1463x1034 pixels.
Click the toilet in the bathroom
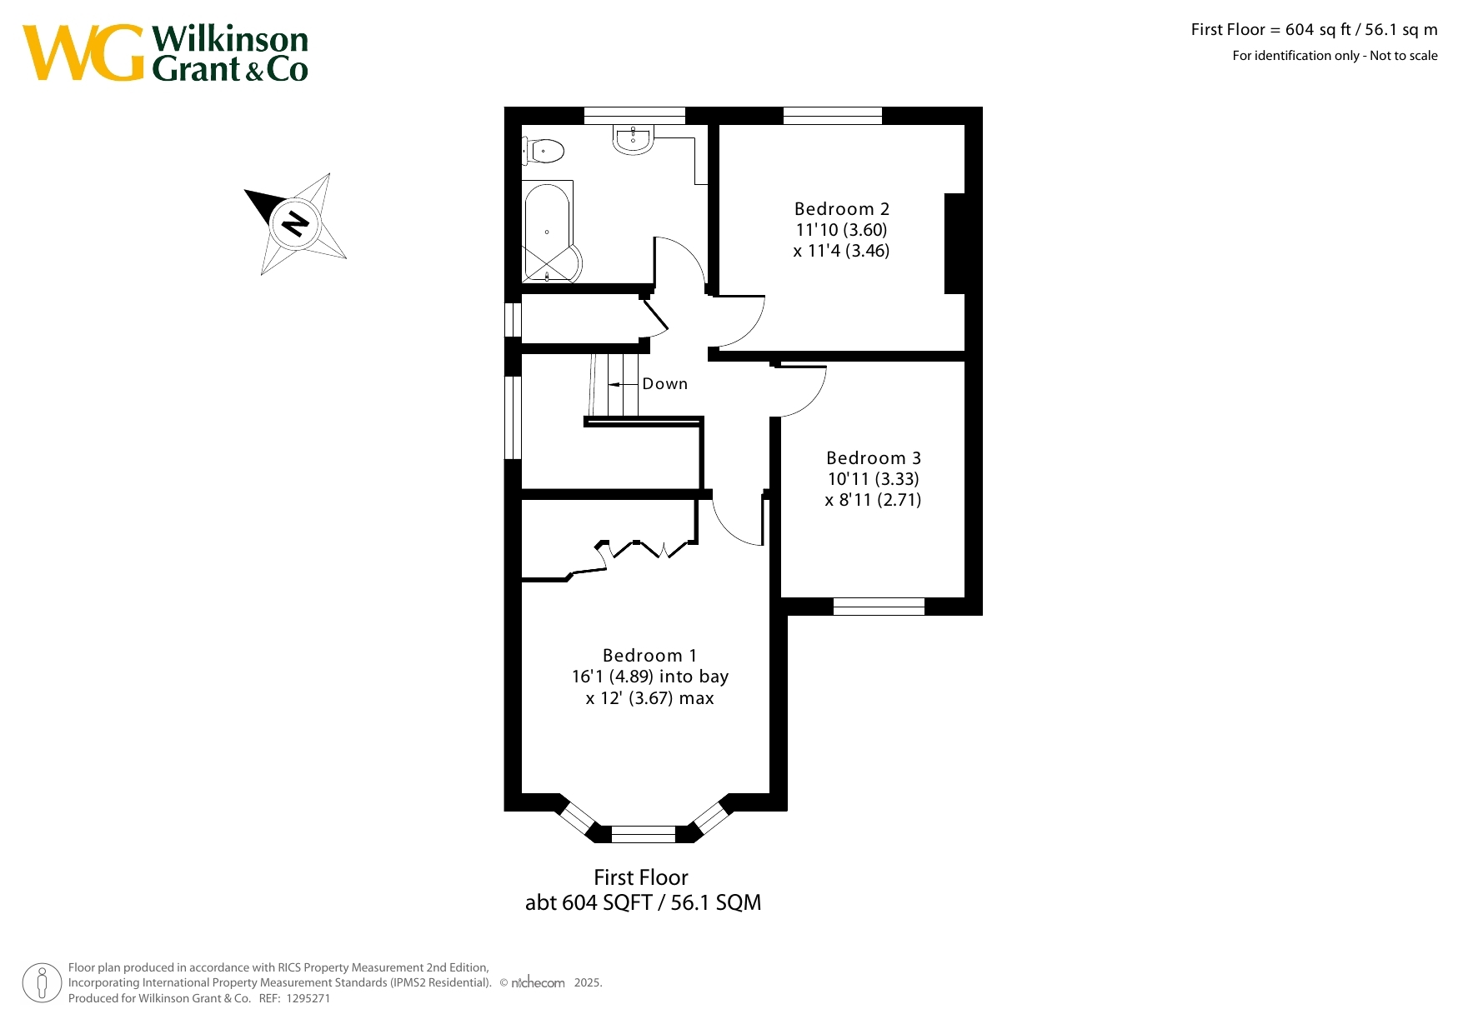[x=544, y=151]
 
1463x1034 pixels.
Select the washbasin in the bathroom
[x=634, y=139]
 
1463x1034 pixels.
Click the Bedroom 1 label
[x=649, y=656]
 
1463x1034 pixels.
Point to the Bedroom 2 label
[x=842, y=209]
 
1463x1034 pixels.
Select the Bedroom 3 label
[x=874, y=458]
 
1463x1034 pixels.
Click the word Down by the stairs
[x=665, y=384]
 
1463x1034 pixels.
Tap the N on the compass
[x=295, y=223]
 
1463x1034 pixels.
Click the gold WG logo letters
[x=83, y=52]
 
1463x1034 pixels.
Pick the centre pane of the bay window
[x=644, y=834]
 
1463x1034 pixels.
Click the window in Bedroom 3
[x=879, y=607]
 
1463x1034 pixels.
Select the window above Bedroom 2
[x=833, y=116]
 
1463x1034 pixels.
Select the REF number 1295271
[x=308, y=998]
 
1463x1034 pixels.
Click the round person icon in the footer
[x=42, y=983]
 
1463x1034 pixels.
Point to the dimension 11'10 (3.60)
[x=841, y=230]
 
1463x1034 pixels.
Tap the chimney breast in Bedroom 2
[x=955, y=243]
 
